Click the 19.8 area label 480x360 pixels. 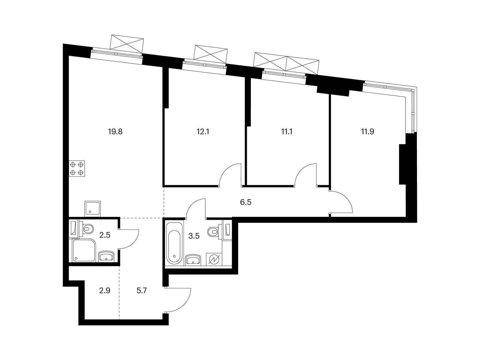[x=115, y=131]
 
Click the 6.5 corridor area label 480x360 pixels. [x=245, y=202]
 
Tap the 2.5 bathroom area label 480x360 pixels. [x=105, y=235]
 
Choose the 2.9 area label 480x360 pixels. [x=104, y=290]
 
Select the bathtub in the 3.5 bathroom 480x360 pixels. [x=174, y=242]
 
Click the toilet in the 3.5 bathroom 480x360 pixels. [x=214, y=231]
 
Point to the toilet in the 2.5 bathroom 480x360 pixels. [x=88, y=230]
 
